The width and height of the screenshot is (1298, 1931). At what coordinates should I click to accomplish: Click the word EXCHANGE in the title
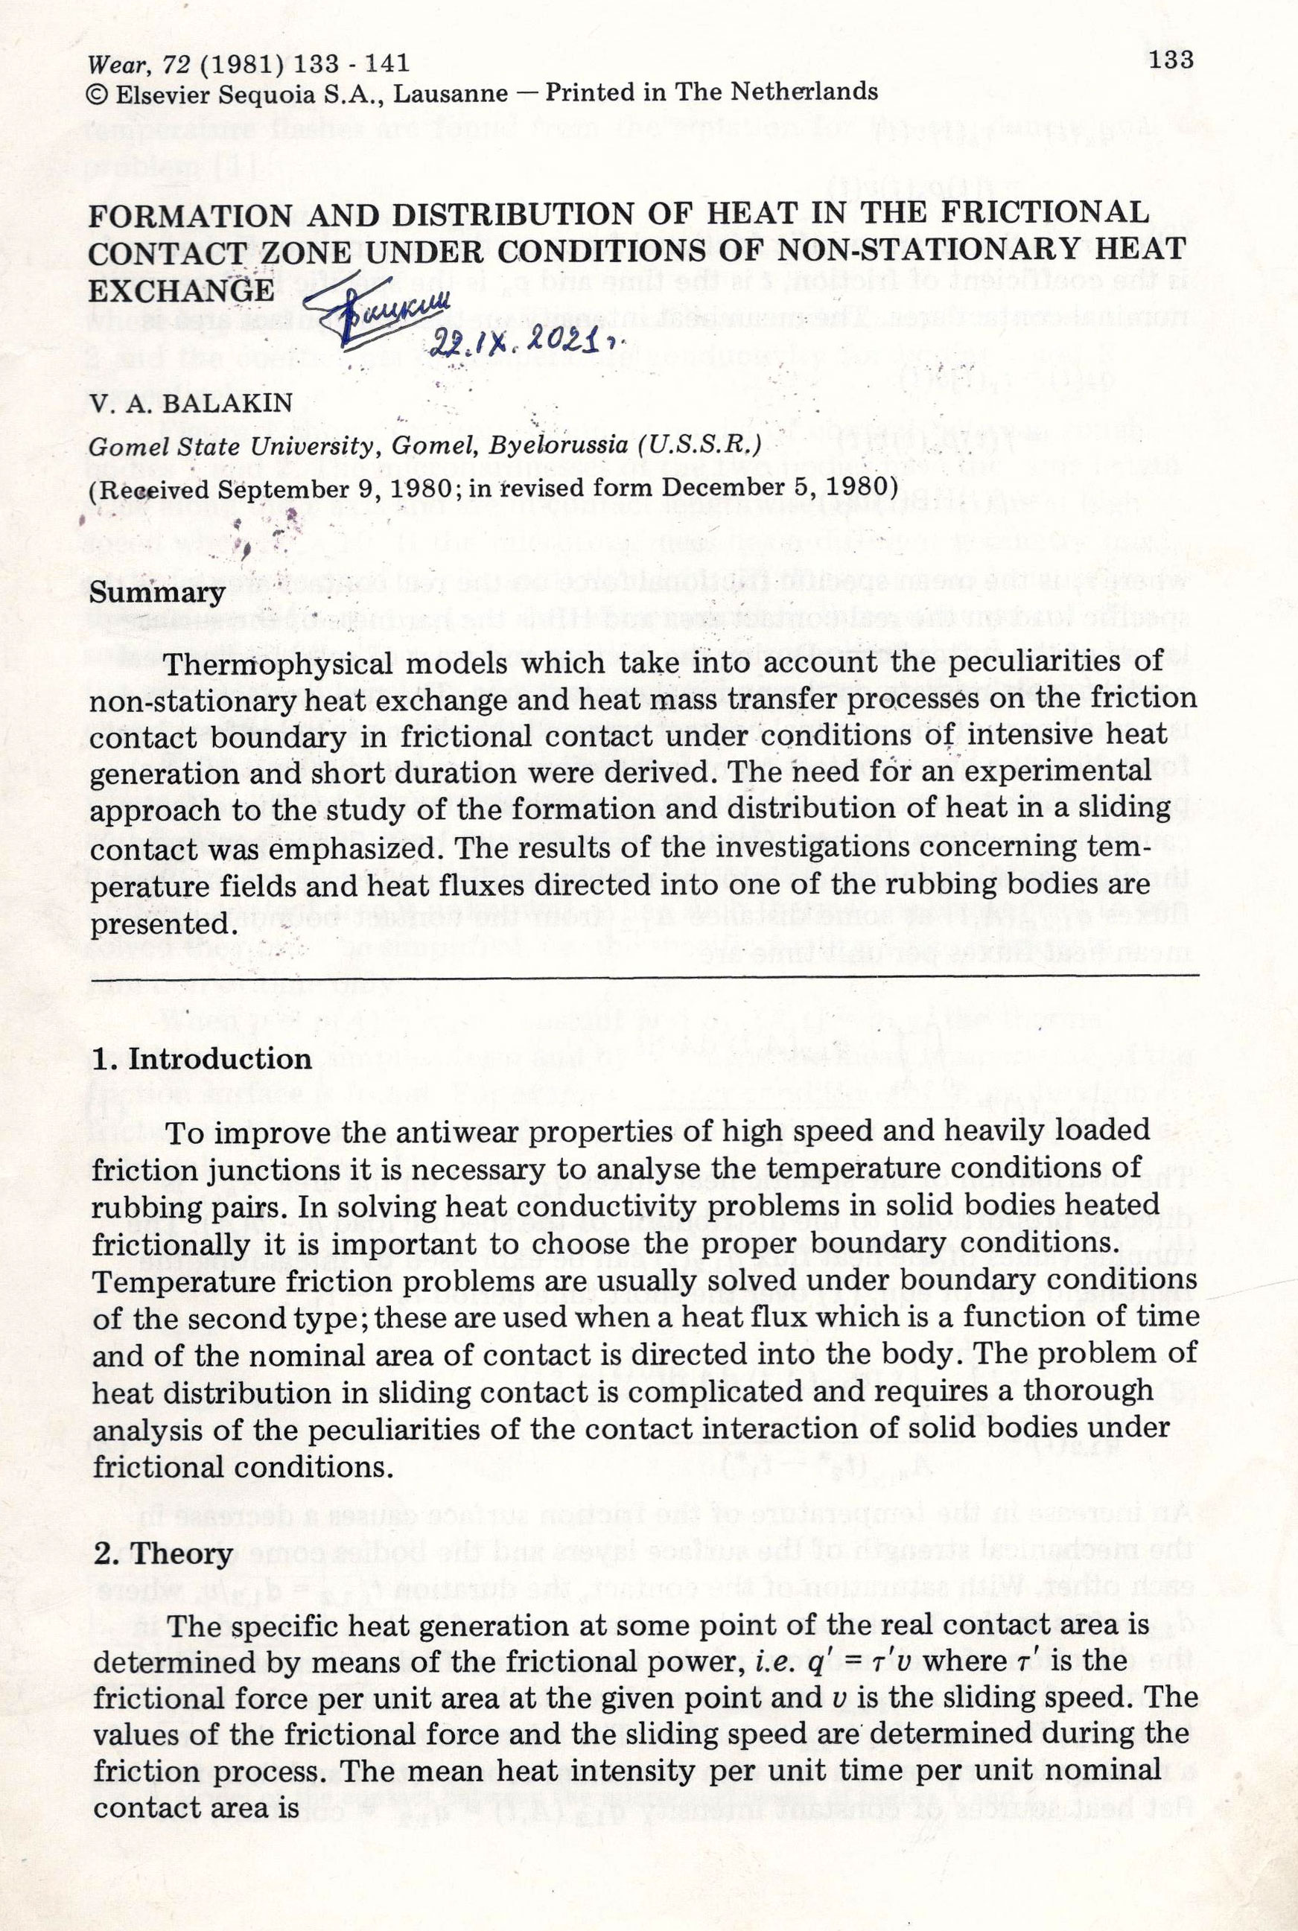[x=180, y=290]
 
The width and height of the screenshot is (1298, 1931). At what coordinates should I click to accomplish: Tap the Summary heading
[x=156, y=594]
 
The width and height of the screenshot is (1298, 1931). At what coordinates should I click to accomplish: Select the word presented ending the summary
[x=157, y=923]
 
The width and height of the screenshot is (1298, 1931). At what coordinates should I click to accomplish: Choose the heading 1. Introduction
[x=202, y=1059]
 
